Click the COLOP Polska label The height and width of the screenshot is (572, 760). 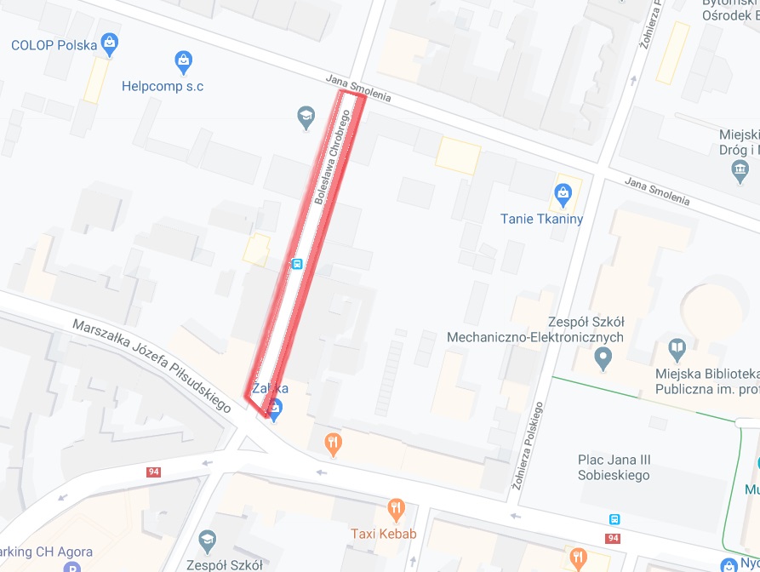click(53, 44)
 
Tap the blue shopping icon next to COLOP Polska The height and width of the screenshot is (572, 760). click(109, 41)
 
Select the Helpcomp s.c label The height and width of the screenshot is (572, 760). click(163, 86)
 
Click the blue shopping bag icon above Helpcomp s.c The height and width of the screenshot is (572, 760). click(183, 60)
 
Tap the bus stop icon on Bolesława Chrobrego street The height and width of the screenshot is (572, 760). click(296, 264)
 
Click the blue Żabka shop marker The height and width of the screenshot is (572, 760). click(275, 410)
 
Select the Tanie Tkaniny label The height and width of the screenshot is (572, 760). click(541, 219)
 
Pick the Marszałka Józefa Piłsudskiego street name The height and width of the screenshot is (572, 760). click(151, 366)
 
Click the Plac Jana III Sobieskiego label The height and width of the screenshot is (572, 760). click(614, 467)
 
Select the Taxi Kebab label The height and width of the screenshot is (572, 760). click(383, 534)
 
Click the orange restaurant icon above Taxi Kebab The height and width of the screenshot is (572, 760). click(395, 511)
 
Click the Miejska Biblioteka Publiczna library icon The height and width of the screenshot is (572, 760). click(676, 347)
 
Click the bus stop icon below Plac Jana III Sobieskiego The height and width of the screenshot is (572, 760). click(614, 519)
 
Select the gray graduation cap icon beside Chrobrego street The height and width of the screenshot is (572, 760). click(306, 116)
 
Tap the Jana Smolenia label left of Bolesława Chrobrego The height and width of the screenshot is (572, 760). click(358, 88)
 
